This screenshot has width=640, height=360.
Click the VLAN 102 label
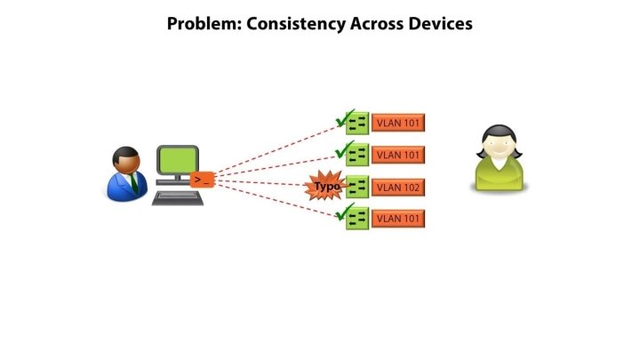398,187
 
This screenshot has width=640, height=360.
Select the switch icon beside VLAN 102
357,187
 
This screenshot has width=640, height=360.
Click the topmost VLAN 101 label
398,123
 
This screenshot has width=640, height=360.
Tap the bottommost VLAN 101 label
398,218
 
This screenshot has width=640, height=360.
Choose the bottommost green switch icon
357,219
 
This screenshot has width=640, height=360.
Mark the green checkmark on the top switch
342,116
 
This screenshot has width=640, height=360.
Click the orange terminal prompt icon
203,180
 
